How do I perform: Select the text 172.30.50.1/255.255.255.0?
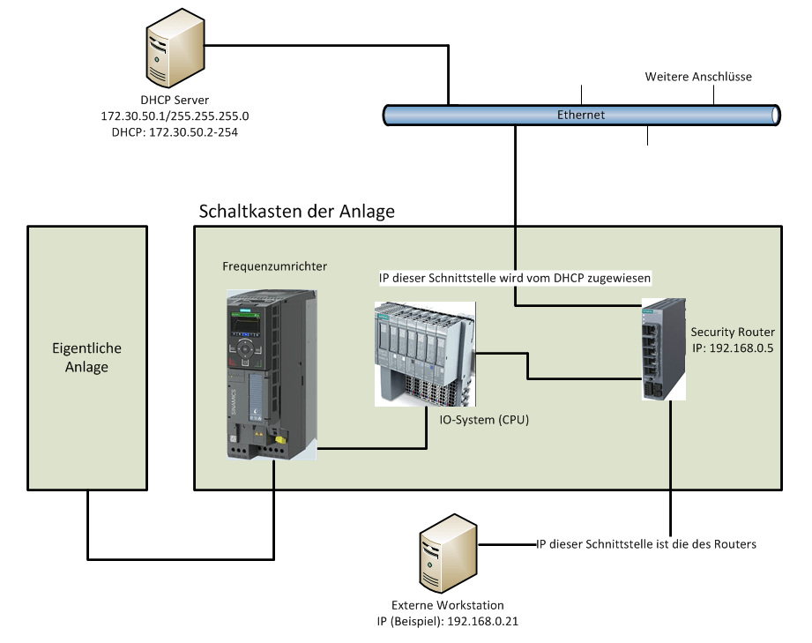(175, 116)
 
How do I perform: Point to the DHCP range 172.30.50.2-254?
(175, 131)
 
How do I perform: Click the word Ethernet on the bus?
(581, 115)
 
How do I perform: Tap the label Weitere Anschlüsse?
(698, 77)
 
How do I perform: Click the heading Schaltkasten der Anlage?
(297, 212)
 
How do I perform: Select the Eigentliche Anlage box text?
(86, 357)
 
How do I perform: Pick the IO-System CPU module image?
(424, 353)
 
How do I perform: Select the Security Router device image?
(663, 348)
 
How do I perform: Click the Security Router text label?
(733, 332)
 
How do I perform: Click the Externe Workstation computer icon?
(447, 556)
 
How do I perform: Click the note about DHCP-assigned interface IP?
(515, 278)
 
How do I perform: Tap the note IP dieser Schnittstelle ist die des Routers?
(646, 544)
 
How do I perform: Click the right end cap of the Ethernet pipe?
(775, 115)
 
